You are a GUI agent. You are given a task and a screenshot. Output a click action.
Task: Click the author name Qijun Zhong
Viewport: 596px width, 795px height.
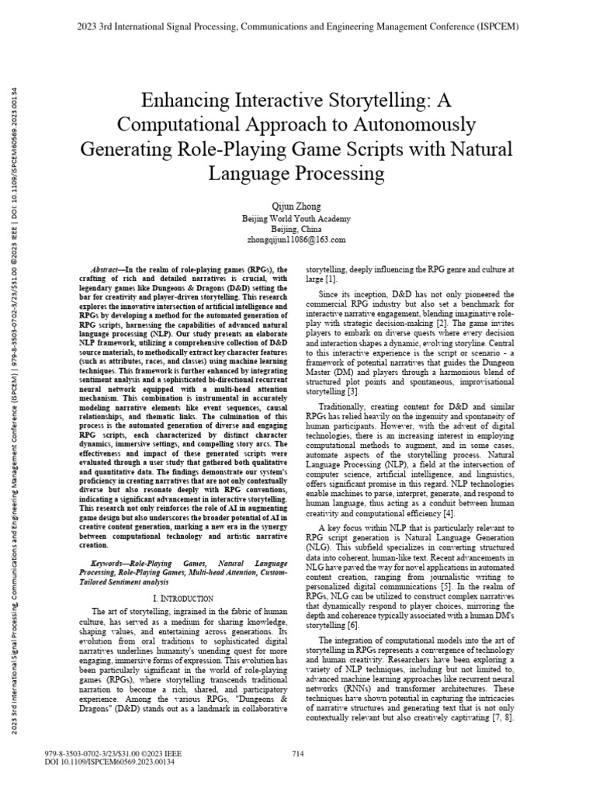[299, 207]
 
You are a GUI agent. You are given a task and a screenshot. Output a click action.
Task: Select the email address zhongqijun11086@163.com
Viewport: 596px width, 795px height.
[299, 240]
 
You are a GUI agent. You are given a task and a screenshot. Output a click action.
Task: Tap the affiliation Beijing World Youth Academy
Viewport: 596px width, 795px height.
[299, 219]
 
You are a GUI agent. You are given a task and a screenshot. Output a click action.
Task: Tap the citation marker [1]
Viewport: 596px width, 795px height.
[331, 279]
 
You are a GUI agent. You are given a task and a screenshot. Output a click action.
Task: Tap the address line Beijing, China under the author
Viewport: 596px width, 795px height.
[299, 230]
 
